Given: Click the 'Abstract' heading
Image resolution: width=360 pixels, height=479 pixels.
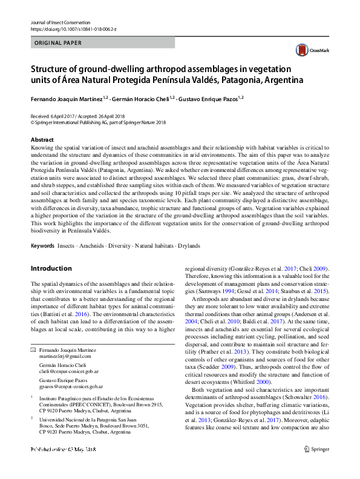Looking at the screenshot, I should pyautogui.click(x=41, y=139).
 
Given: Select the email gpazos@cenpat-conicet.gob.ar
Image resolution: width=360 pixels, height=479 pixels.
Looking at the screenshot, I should pyautogui.click(x=71, y=386).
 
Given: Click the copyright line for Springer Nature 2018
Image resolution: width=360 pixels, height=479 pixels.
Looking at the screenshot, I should pyautogui.click(x=98, y=122).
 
